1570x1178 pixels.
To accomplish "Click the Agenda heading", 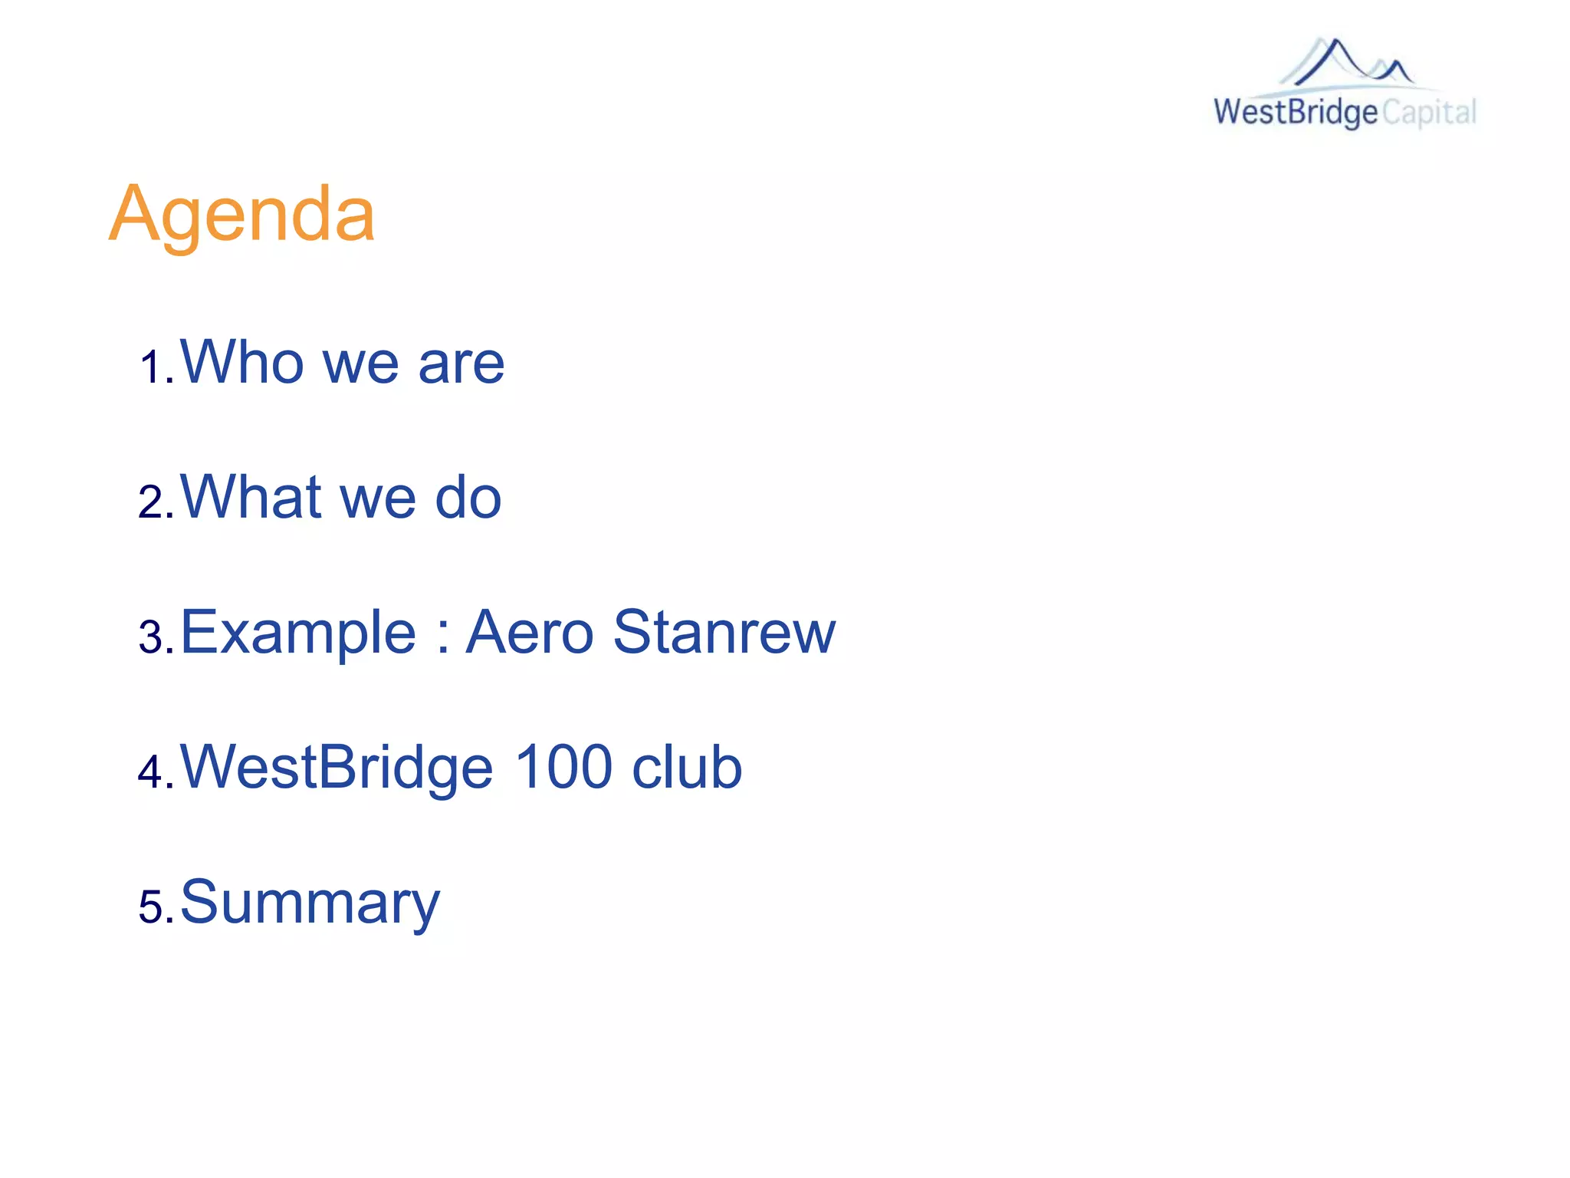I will [x=241, y=215].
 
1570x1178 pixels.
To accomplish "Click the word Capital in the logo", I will [x=1429, y=113].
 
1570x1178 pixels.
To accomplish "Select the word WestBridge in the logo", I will [x=1296, y=113].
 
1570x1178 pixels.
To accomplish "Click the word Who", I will [x=242, y=362].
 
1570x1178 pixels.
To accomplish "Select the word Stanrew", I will [x=724, y=633].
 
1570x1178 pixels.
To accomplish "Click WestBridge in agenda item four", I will [x=337, y=768].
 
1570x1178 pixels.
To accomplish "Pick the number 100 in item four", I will [x=563, y=767].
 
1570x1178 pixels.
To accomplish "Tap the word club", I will [x=688, y=767].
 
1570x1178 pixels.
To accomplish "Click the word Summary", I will [x=310, y=903].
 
